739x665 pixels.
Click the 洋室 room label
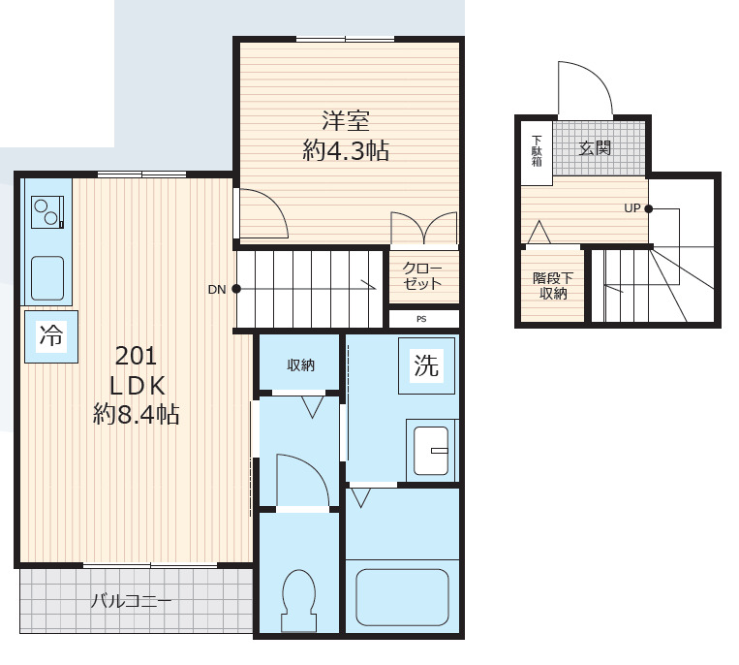point(346,121)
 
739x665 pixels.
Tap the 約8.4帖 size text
point(137,415)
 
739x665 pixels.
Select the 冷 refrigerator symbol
point(51,336)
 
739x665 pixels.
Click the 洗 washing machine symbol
point(426,365)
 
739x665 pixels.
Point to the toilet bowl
point(298,600)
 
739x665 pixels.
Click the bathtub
point(403,596)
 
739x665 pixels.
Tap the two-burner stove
point(47,211)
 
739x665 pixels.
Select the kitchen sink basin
point(47,278)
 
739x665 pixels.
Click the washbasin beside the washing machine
point(431,451)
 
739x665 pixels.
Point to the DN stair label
point(217,290)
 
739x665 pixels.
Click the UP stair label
point(632,208)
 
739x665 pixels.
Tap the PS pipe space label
point(421,319)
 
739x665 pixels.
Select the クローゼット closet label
point(422,276)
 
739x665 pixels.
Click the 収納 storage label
point(300,365)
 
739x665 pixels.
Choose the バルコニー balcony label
point(131,601)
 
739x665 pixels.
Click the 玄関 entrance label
point(595,148)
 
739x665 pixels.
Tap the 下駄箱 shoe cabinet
point(537,152)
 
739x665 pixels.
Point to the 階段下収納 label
point(553,285)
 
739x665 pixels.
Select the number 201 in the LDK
point(136,356)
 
